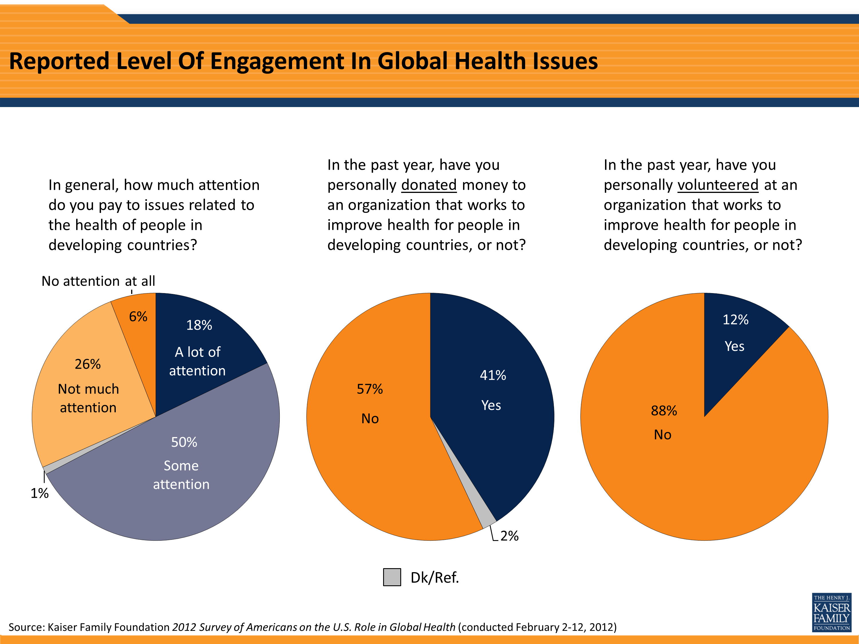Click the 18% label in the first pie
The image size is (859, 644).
coord(199,325)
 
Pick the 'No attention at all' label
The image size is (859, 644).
coord(98,281)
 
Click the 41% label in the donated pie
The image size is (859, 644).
coord(492,375)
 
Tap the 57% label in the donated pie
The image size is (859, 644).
coord(370,389)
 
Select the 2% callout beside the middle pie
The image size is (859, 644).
coord(509,536)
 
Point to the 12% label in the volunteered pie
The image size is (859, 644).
coord(735,319)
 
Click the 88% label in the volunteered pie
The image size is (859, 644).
coord(664,410)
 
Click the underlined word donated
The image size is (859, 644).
coord(429,185)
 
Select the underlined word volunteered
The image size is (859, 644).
coord(718,185)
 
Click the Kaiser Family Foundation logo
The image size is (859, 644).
coord(832,612)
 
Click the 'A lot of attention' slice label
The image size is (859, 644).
coord(197,361)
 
